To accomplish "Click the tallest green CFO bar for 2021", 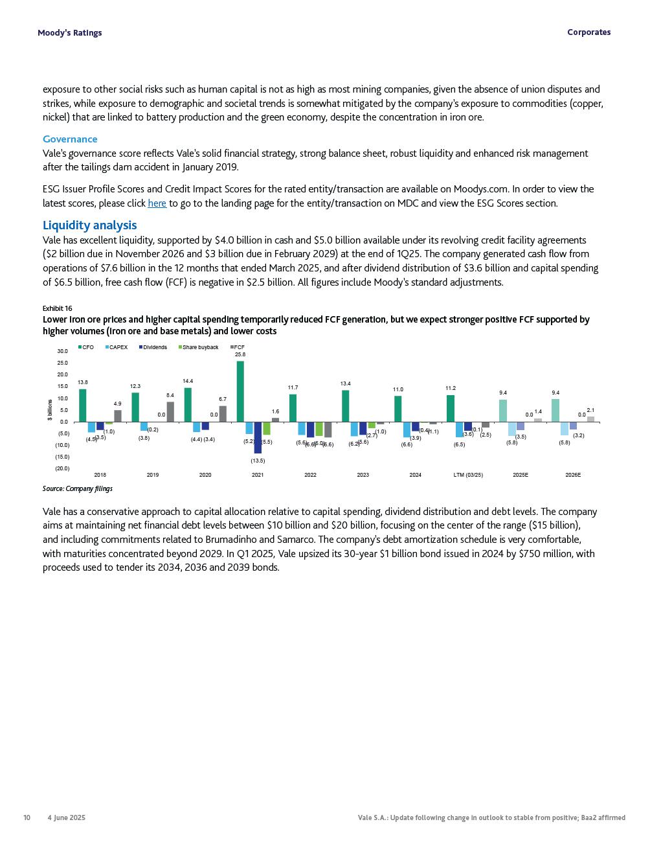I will (240, 391).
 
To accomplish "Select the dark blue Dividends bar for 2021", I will (258, 437).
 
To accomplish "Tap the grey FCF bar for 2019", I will (170, 412).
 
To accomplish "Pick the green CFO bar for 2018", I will (82, 406).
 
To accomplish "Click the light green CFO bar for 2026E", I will (555, 410).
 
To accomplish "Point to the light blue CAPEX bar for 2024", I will (407, 429).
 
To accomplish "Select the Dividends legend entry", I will (153, 347).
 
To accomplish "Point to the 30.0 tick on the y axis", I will (62, 351).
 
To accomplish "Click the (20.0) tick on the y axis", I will (62, 468).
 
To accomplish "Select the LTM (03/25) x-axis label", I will (468, 475).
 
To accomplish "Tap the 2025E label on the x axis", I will (521, 475).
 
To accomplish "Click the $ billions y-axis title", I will (50, 409).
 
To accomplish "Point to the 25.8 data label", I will (240, 354).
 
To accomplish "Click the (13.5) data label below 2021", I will (258, 461).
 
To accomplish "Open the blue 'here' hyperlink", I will (157, 203).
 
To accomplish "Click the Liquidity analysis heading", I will (89, 225).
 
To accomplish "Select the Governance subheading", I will (70, 139).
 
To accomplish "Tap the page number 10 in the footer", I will (27, 817).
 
